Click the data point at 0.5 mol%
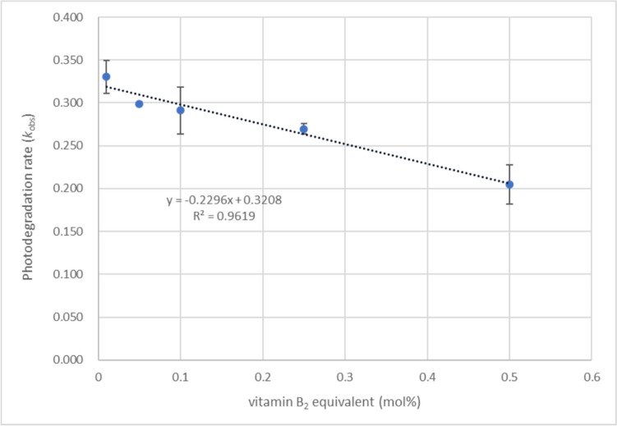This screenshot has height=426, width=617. pos(509,185)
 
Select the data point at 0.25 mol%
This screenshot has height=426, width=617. pos(303,129)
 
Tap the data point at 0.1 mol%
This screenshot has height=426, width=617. pos(180,110)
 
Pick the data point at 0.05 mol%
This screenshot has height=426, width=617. pos(139,104)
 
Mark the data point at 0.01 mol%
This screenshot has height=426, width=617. pos(106,76)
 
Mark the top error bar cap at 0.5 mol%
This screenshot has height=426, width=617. pos(509,165)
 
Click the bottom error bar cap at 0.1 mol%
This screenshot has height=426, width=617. pos(180,134)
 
